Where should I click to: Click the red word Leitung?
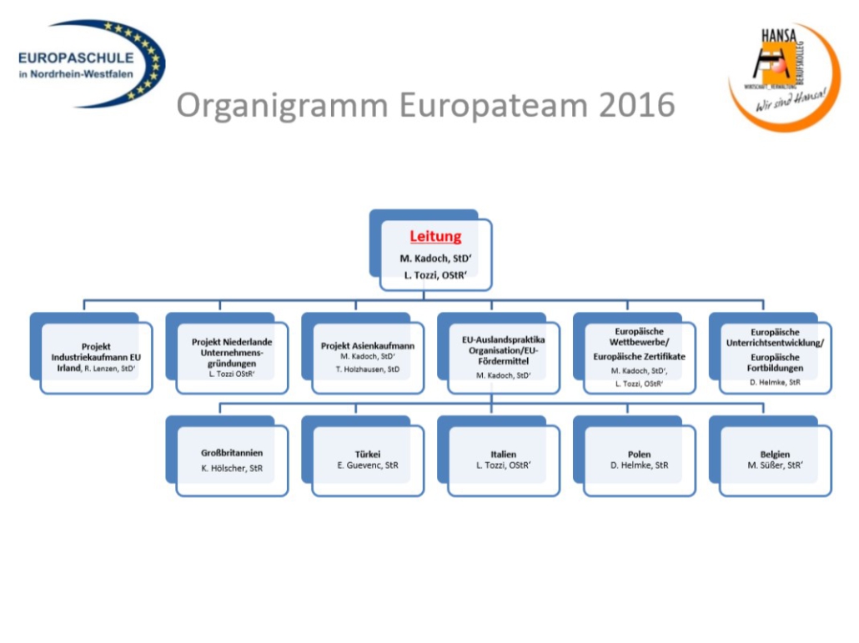click(x=435, y=236)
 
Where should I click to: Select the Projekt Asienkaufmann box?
click(x=368, y=357)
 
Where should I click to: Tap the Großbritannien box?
click(x=232, y=460)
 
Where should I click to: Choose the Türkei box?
click(x=368, y=460)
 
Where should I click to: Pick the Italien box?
click(x=504, y=460)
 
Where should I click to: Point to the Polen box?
click(x=639, y=460)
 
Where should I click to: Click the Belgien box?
click(x=775, y=460)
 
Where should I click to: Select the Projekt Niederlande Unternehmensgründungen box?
click(x=232, y=357)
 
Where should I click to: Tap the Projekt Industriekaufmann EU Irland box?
click(x=97, y=357)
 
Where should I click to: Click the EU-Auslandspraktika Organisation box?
click(x=504, y=357)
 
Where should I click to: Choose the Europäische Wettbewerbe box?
click(x=639, y=357)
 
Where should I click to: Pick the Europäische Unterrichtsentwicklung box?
click(x=775, y=357)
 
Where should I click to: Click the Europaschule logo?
click(x=91, y=63)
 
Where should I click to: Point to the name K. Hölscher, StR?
click(x=232, y=469)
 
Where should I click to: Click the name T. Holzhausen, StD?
click(x=368, y=367)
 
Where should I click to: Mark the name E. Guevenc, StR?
click(x=368, y=465)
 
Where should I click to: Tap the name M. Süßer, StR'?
click(x=775, y=465)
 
